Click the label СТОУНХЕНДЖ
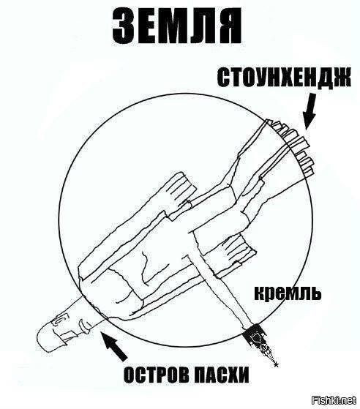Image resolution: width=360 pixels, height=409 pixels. (x=283, y=77)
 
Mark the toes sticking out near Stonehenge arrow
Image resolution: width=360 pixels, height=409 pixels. (x=292, y=147)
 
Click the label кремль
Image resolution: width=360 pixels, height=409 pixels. (x=288, y=293)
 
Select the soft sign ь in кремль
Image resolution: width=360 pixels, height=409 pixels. (x=315, y=293)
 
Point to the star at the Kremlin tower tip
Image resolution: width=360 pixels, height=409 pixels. (x=276, y=364)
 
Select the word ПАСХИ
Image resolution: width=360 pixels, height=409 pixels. (x=221, y=375)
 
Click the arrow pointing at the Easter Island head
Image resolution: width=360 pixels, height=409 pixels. (x=115, y=345)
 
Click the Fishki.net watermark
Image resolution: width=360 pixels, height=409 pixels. (x=334, y=399)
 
